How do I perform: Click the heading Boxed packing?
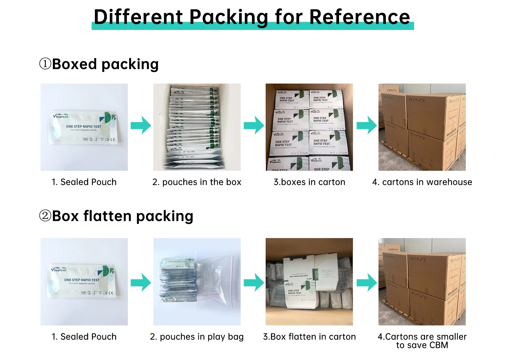tap(105, 64)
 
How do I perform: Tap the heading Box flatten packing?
tap(123, 216)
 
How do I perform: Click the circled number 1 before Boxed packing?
tap(45, 64)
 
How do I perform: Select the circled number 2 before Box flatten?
tap(45, 215)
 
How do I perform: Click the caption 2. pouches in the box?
tap(197, 182)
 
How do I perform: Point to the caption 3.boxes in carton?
tap(309, 182)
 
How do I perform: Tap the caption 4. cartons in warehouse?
tap(422, 182)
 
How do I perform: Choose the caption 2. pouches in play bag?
tap(197, 337)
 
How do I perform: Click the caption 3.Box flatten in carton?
tap(309, 337)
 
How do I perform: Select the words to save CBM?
tap(422, 345)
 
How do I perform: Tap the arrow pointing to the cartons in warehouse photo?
tap(367, 125)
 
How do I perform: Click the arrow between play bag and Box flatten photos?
tap(254, 282)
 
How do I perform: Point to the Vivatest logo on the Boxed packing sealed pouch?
tap(60, 116)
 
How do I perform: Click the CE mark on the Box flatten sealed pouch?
tap(111, 293)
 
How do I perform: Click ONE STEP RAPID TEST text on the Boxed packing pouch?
tap(83, 126)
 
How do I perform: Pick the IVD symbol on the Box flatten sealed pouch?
tap(84, 293)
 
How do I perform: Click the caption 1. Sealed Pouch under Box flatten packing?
tap(84, 337)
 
